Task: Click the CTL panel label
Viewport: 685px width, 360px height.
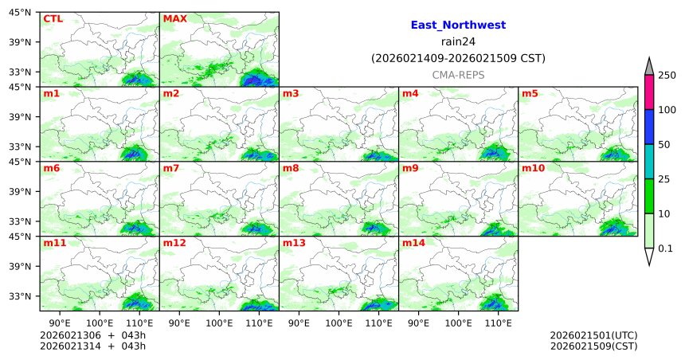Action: point(53,18)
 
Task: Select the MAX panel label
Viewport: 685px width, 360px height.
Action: point(174,18)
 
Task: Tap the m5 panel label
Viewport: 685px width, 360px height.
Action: point(530,94)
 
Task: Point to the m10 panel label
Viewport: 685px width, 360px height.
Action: point(533,168)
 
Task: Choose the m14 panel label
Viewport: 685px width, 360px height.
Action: point(413,243)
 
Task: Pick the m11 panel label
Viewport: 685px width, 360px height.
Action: point(54,243)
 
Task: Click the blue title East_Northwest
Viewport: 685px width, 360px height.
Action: point(458,25)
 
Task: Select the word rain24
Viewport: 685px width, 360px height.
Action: point(458,41)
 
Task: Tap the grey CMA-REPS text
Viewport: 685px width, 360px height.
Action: point(458,74)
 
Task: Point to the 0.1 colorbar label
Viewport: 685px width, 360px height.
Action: point(666,248)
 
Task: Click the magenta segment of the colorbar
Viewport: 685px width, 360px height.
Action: point(649,92)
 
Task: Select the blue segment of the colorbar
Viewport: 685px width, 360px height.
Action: point(649,127)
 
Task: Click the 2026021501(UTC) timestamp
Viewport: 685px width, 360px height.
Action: point(593,335)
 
